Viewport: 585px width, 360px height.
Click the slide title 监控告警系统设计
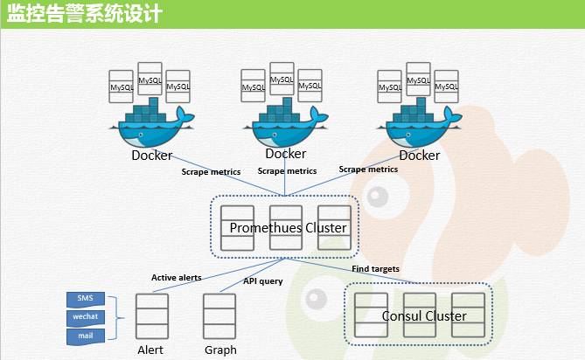coord(84,14)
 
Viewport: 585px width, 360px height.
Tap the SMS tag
coord(85,298)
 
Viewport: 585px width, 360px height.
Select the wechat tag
coord(85,316)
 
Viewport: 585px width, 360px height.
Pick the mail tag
coord(85,335)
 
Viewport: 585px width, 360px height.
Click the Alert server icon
coord(151,314)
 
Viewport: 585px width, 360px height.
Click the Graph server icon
coord(219,314)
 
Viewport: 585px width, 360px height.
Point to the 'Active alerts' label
coord(177,278)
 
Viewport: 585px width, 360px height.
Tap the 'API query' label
coord(262,281)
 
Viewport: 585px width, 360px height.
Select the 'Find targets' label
coord(375,269)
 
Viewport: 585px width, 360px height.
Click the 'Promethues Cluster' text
coord(288,228)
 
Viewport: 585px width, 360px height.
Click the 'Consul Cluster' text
coord(424,315)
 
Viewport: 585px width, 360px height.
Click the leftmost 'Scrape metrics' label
coord(211,171)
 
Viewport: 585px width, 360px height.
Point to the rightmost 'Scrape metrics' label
coord(368,170)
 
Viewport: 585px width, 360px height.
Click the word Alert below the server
coord(150,350)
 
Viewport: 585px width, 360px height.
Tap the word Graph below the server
coord(220,350)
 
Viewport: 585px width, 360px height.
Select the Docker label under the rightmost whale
coord(420,156)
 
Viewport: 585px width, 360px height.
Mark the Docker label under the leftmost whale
coord(152,156)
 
